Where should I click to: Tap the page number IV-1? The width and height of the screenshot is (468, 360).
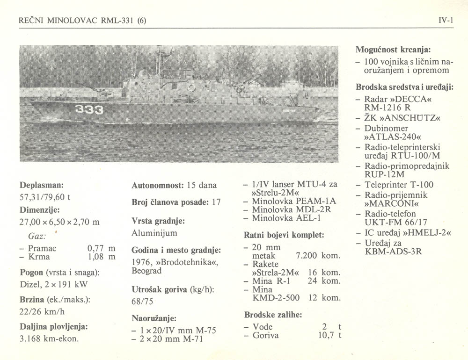pos(446,21)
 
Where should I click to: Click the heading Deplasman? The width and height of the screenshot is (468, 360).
pos(42,184)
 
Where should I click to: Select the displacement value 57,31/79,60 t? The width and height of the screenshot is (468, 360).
pos(45,197)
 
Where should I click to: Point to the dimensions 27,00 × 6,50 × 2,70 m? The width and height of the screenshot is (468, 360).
pos(59,222)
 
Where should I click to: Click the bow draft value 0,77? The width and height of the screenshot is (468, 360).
pos(95,248)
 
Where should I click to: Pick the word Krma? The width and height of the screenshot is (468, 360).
pos(39,257)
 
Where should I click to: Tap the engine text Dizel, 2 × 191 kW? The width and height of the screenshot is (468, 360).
pos(53,284)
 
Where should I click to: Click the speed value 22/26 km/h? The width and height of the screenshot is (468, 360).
pos(42,311)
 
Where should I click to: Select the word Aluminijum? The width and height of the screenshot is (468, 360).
pos(154,233)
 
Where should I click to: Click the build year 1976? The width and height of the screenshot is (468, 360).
pos(141,262)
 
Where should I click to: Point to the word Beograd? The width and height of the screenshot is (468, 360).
pos(146,271)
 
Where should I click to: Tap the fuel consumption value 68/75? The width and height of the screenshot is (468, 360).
pos(143,302)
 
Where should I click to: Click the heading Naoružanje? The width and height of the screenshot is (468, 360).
pos(154,318)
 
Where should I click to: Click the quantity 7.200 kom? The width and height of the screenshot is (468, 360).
pos(318,256)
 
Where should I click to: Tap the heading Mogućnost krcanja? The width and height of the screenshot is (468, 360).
pos(393,49)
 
